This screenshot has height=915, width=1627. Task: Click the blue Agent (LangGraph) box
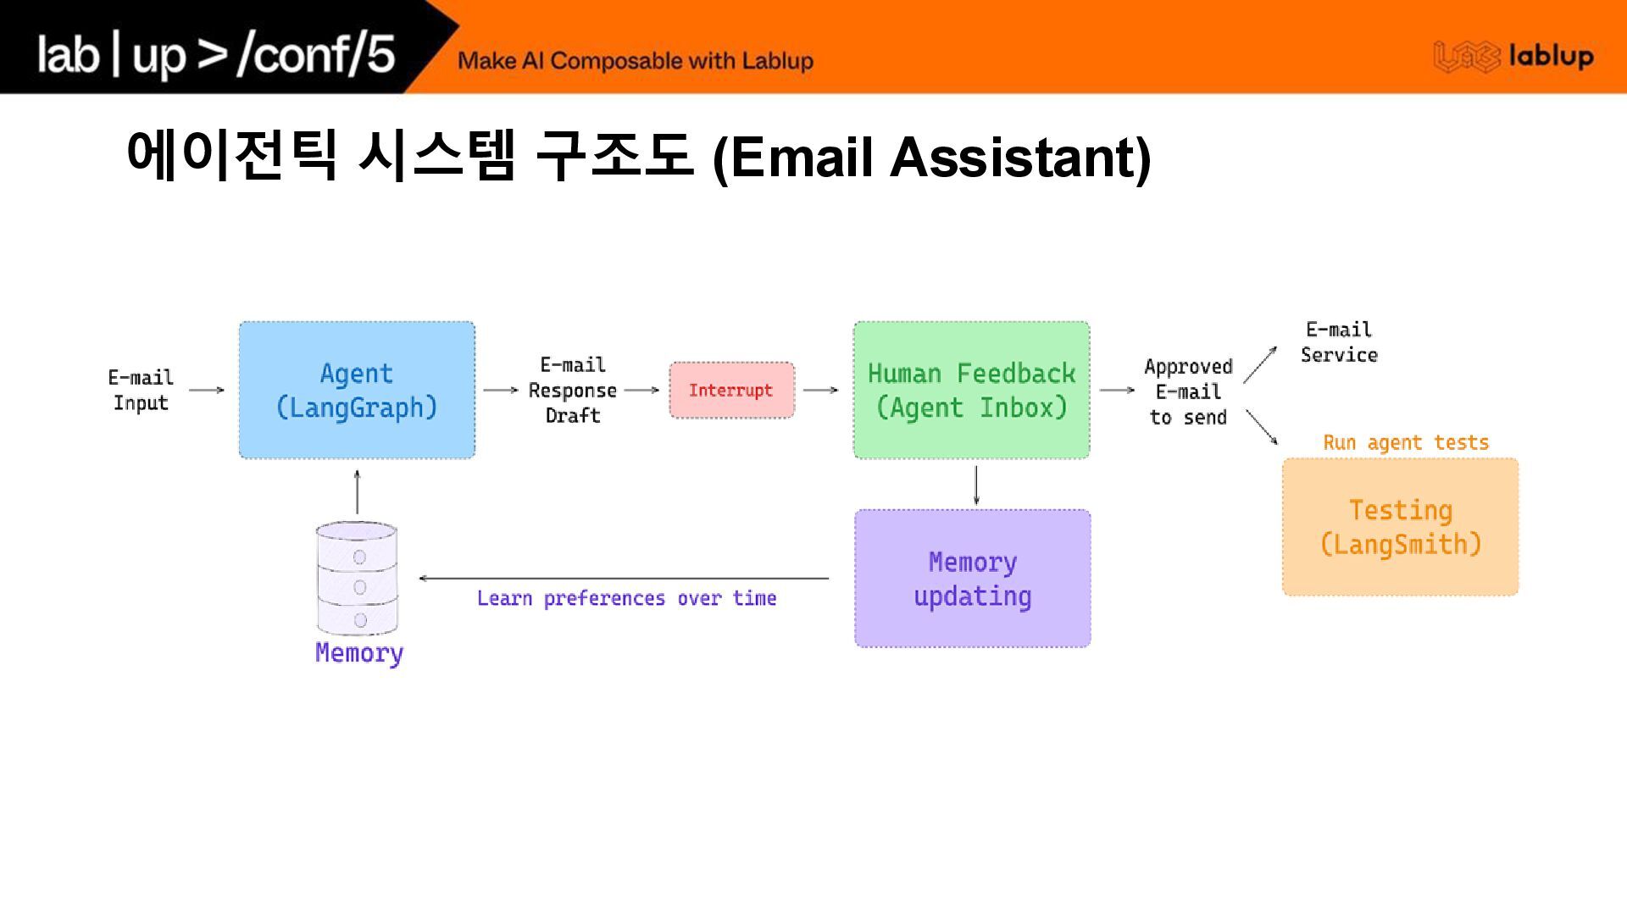tap(357, 390)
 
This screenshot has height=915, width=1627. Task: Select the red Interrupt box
tap(731, 390)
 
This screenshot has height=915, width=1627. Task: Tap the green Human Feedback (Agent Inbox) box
tap(971, 390)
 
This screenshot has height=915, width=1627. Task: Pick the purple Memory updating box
tap(972, 579)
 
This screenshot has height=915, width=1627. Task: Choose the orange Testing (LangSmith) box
tap(1400, 527)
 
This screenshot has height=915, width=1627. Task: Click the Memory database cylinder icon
tap(357, 578)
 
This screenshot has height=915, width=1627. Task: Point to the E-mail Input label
tap(141, 390)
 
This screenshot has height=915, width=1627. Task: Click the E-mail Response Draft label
tap(572, 390)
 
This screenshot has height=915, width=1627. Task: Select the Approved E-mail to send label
tap(1188, 391)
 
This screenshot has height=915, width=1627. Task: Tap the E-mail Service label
tap(1339, 342)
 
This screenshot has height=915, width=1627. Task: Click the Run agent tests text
tap(1405, 442)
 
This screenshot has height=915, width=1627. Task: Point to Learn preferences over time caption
tap(626, 598)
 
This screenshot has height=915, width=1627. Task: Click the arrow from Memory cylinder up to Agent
tap(357, 491)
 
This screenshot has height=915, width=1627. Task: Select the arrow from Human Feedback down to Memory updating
tap(976, 485)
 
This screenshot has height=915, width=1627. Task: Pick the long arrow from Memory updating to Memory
tap(624, 579)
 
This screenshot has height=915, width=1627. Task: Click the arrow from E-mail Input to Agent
tap(206, 390)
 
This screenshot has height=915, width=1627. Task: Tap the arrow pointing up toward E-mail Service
tap(1260, 364)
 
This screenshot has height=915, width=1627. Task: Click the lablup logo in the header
tap(1513, 56)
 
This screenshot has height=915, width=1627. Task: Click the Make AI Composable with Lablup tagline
tap(636, 61)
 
